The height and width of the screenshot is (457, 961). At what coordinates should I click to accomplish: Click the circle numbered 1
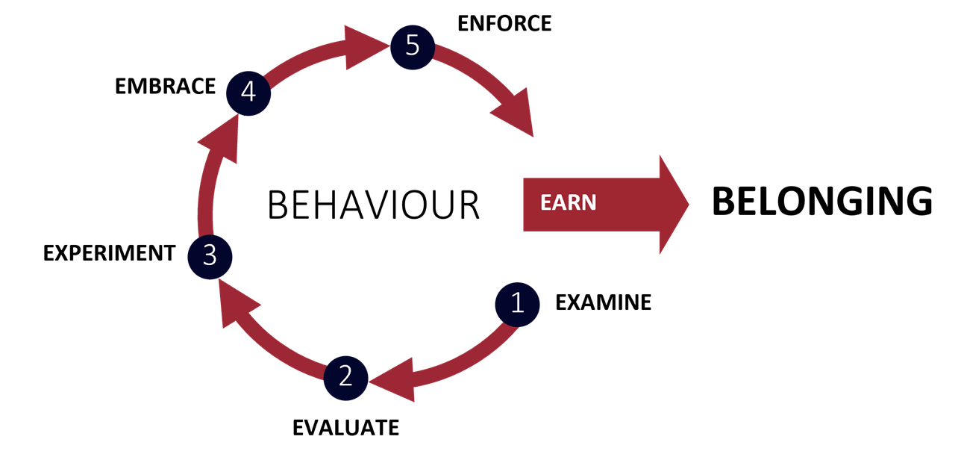click(x=517, y=304)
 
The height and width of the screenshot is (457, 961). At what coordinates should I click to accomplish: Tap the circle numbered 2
click(x=345, y=377)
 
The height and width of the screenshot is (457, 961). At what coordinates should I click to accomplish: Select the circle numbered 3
click(x=210, y=256)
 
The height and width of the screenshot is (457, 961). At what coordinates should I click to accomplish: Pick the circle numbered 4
click(x=248, y=93)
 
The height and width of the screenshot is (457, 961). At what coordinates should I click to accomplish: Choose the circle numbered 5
click(x=412, y=46)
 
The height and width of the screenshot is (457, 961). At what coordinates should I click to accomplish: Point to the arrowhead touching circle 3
click(x=234, y=302)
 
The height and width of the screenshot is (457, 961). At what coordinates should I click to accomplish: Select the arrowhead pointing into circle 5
click(x=365, y=48)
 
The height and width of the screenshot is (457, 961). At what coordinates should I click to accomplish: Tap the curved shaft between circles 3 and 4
click(x=206, y=202)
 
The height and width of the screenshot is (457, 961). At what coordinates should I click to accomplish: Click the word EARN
click(x=569, y=203)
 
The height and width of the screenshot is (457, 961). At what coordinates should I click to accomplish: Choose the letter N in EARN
click(x=589, y=203)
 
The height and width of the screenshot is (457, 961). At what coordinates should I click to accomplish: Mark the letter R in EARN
click(x=575, y=203)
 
